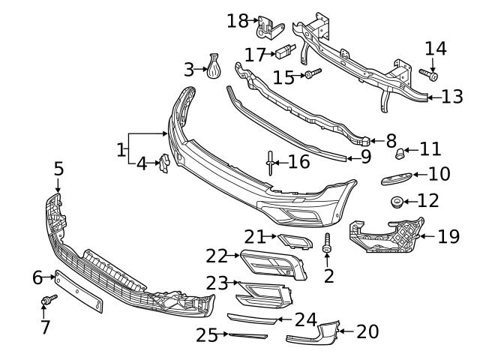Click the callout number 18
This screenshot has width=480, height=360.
coord(237,20)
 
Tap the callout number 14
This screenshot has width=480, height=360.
coord(436,49)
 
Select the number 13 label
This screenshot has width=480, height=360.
coord(452,97)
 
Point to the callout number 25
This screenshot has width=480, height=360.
coord(206,335)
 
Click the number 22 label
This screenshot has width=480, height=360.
coord(217,256)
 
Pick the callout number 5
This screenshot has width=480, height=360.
coord(58,169)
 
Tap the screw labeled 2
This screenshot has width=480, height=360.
coord(327,244)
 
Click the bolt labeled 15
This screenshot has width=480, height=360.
coord(312,73)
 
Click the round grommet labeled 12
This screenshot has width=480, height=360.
coord(397,201)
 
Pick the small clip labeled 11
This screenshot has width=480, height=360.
coord(400,154)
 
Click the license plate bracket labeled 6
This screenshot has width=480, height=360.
coord(77,292)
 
